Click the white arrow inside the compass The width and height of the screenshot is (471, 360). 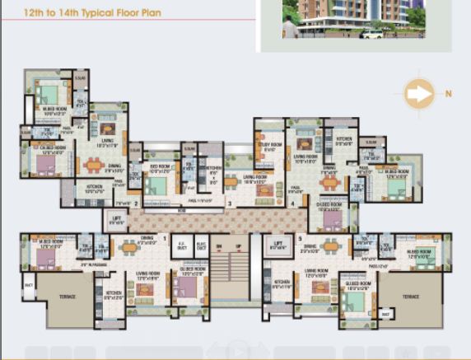420,94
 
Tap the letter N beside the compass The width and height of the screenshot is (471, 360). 449,94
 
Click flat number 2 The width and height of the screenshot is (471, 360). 136,203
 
